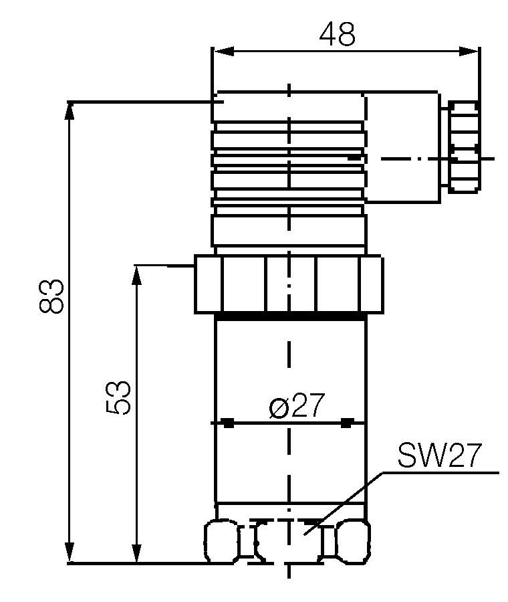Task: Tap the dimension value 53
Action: [x=118, y=399]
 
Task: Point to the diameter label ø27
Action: [x=297, y=407]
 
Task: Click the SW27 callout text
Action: [x=438, y=456]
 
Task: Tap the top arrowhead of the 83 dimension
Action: [x=70, y=111]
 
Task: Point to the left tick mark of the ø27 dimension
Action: [x=228, y=423]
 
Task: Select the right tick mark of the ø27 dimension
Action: [x=346, y=423]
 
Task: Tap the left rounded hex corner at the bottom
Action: [x=221, y=540]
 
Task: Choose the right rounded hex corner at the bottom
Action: [x=353, y=540]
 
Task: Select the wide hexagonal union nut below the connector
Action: [x=289, y=284]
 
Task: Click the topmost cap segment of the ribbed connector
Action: [x=289, y=107]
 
